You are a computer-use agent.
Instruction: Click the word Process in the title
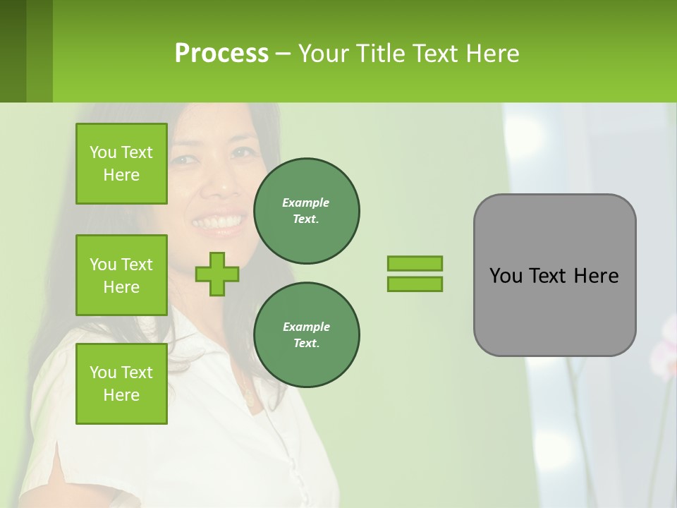coord(221,54)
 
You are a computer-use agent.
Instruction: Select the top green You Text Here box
coord(121,164)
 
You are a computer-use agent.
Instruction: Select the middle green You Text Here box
coord(121,275)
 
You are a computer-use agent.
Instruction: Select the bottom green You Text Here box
coord(121,384)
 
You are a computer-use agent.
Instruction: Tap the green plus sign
coord(217,274)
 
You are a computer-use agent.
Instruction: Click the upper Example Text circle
coord(307,211)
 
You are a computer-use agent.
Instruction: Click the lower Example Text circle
coord(307,335)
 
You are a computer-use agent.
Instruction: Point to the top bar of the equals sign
coord(415,263)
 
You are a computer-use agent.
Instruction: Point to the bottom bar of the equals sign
coord(415,284)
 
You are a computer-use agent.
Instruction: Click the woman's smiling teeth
coord(219,223)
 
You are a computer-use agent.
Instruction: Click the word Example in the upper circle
coord(305,202)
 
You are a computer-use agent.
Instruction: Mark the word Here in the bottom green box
coord(121,395)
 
